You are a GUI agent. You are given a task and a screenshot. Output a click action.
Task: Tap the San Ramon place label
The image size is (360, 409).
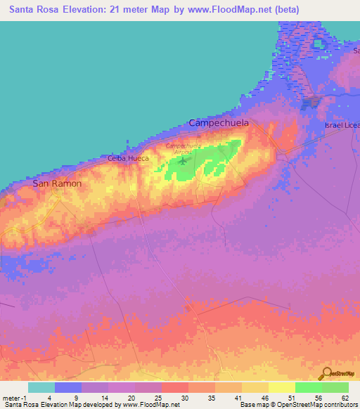pos(57,183)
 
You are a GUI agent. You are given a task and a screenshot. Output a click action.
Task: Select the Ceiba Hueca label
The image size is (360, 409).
pos(128,159)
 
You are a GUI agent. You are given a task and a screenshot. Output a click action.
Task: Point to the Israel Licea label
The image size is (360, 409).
pos(342,125)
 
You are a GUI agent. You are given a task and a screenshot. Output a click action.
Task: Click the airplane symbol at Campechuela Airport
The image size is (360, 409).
pos(184,160)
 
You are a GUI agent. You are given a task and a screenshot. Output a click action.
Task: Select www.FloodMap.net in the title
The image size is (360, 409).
pos(237,10)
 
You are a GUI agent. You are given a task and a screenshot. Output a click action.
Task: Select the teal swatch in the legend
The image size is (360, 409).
pos(41,387)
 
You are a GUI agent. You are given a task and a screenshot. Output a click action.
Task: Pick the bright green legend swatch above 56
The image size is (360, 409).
pos(309,387)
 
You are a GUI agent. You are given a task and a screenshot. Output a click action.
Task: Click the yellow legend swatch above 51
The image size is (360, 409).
pos(282,387)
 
